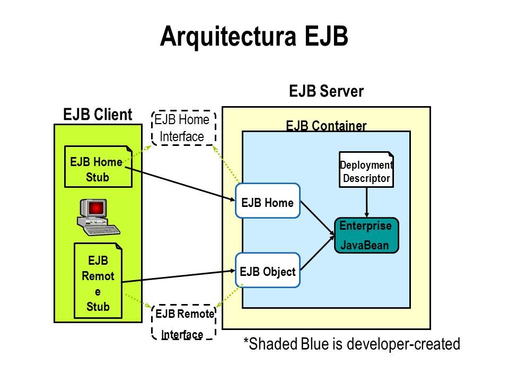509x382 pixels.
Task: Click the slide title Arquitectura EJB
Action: click(x=254, y=37)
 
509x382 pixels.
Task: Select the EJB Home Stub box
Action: click(x=99, y=167)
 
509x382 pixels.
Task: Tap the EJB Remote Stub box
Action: click(x=98, y=281)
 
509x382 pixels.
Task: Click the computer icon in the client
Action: click(x=99, y=217)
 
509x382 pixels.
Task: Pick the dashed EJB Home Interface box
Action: click(x=184, y=128)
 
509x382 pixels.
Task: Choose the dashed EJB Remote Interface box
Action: click(x=184, y=322)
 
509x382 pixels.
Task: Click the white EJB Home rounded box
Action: click(x=267, y=201)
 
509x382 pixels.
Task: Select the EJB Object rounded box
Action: click(x=267, y=270)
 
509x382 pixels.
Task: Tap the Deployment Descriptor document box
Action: click(x=366, y=170)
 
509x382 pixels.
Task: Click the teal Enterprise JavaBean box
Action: click(x=366, y=236)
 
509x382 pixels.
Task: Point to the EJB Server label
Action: click(x=326, y=91)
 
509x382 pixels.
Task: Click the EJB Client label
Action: click(x=98, y=115)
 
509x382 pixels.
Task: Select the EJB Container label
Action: click(x=326, y=125)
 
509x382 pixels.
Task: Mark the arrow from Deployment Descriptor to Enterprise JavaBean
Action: click(x=366, y=202)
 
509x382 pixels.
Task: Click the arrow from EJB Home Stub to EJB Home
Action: click(x=180, y=184)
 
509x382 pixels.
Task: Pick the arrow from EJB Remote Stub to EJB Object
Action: click(x=179, y=276)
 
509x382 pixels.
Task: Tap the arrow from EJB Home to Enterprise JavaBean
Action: click(x=318, y=218)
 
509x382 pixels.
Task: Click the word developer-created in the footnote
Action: click(x=404, y=344)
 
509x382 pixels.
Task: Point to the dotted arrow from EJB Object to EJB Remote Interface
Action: click(x=230, y=296)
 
